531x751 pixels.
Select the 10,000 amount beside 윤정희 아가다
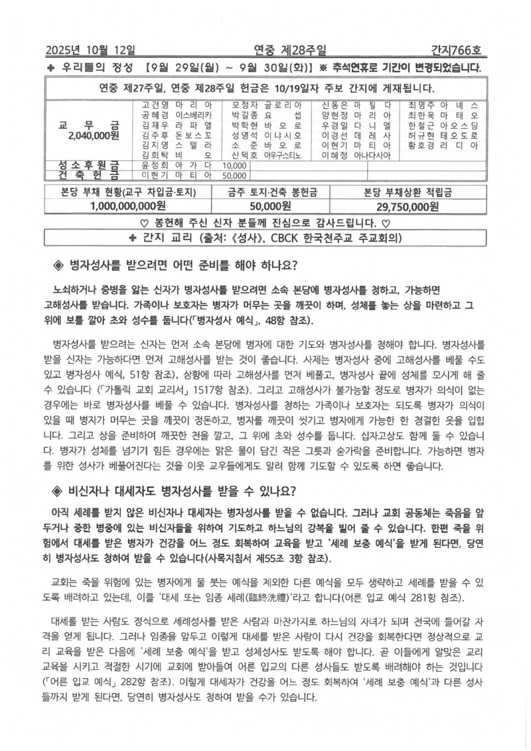[235, 166]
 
